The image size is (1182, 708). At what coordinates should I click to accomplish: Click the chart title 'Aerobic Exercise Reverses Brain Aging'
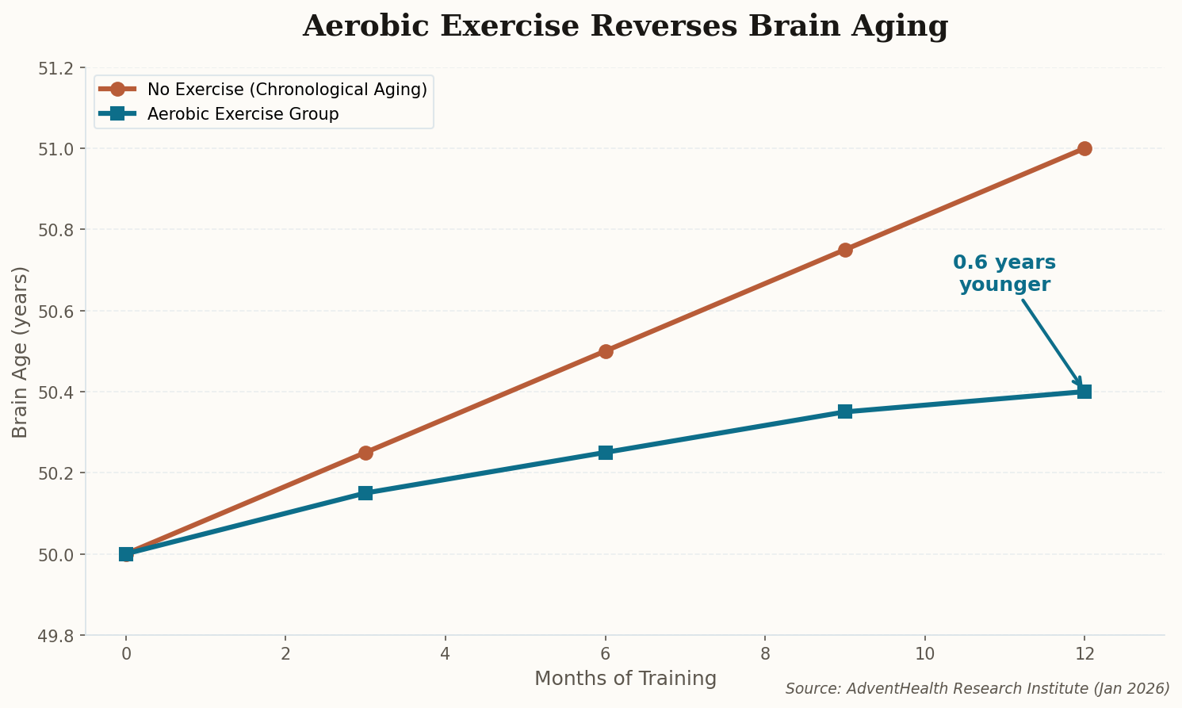(x=625, y=26)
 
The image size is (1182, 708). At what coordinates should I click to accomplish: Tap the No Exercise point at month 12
(x=1084, y=149)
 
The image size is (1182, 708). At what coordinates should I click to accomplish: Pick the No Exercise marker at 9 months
(x=845, y=250)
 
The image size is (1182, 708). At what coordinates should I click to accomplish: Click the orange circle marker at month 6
(x=606, y=351)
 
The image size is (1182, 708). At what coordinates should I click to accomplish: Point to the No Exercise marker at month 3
(x=365, y=453)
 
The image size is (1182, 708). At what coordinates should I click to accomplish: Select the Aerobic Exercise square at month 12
(x=1084, y=392)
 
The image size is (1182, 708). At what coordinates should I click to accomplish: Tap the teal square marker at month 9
(x=845, y=411)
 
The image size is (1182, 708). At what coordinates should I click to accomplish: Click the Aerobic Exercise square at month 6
(x=606, y=453)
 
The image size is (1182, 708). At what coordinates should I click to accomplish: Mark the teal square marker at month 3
(x=365, y=493)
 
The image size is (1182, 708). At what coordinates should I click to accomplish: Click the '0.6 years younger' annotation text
(x=1004, y=274)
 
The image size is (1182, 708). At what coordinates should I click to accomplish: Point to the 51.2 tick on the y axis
(x=56, y=68)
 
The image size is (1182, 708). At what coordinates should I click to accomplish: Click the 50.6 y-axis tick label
(x=56, y=311)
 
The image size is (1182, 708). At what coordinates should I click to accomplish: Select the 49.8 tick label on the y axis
(x=56, y=636)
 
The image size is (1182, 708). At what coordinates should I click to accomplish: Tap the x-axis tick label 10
(x=924, y=654)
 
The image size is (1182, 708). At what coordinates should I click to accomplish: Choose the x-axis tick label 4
(x=445, y=654)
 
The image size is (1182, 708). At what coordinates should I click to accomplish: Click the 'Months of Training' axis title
(x=625, y=679)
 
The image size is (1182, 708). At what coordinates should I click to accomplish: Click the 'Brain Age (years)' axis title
(x=21, y=351)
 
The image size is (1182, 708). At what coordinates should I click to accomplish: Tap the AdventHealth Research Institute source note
(x=977, y=689)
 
